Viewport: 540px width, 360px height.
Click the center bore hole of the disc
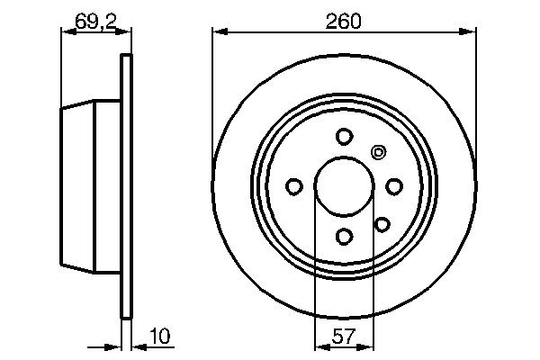344,186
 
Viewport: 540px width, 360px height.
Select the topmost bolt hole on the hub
344,137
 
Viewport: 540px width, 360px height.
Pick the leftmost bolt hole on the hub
294,186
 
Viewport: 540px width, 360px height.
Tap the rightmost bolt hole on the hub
394,186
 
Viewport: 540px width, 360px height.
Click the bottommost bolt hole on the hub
344,236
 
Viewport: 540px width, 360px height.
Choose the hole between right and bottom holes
382,223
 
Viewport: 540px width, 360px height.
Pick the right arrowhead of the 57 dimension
368,346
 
